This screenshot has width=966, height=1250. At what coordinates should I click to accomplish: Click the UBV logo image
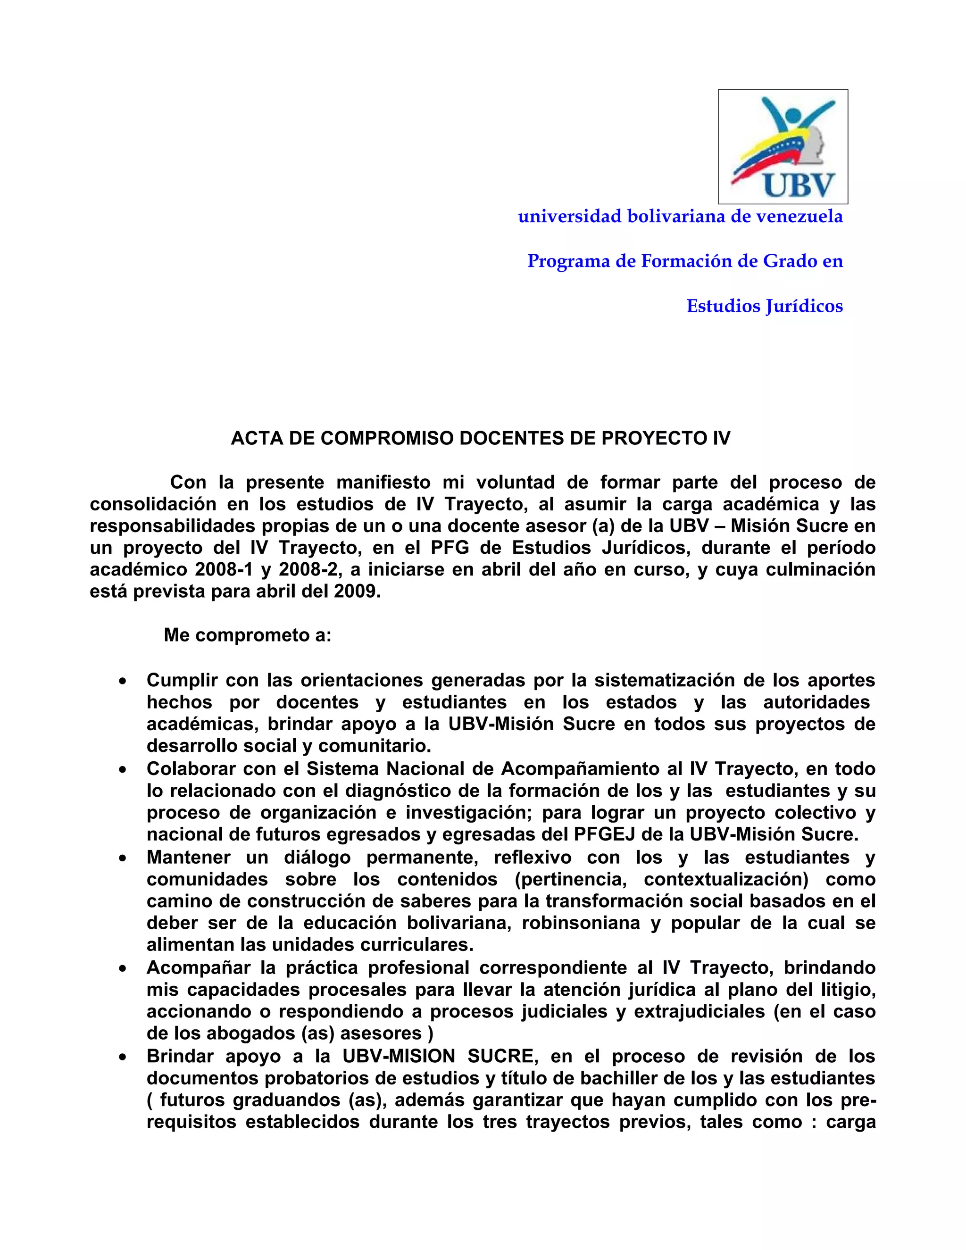(783, 147)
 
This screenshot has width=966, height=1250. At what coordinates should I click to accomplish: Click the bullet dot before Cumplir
(123, 682)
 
